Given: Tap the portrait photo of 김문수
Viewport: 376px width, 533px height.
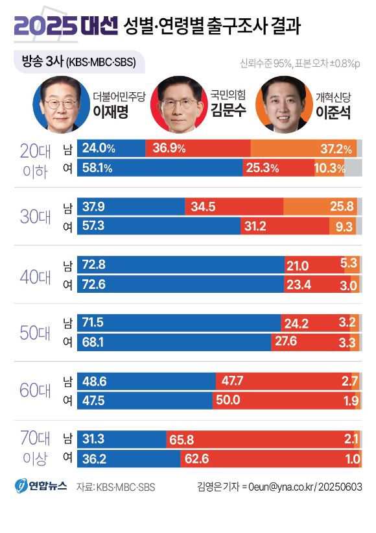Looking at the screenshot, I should (177, 105).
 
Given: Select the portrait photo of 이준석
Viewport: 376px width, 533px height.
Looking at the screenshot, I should (283, 105).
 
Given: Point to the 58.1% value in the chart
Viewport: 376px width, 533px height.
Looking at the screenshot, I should (98, 168).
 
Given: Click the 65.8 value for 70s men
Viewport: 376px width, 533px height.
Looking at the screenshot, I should (182, 440).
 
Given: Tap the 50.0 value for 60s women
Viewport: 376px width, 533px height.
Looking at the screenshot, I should (228, 401).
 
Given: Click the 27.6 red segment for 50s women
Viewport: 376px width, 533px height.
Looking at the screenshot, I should (294, 342).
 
